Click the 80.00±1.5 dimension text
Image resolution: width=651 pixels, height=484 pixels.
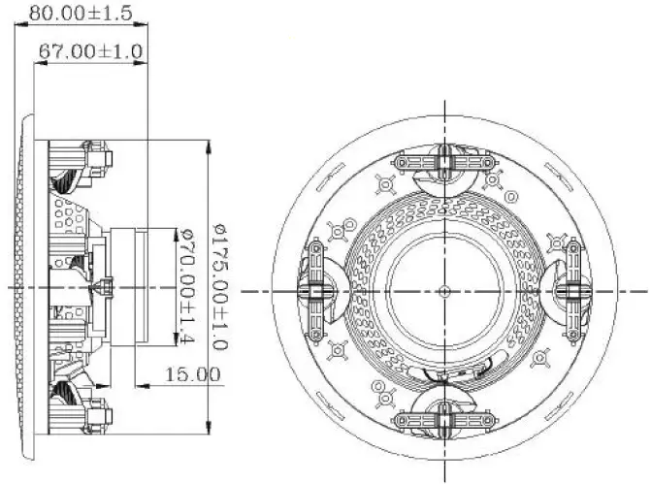tap(81, 14)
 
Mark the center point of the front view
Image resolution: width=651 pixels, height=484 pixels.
tap(442, 290)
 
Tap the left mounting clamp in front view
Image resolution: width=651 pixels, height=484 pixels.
tap(314, 290)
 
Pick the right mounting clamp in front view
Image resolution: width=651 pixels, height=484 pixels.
tap(571, 290)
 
